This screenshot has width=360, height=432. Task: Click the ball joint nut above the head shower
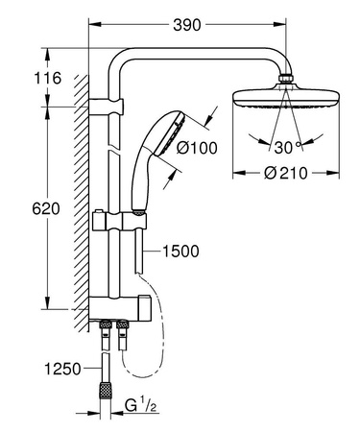click(x=284, y=78)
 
